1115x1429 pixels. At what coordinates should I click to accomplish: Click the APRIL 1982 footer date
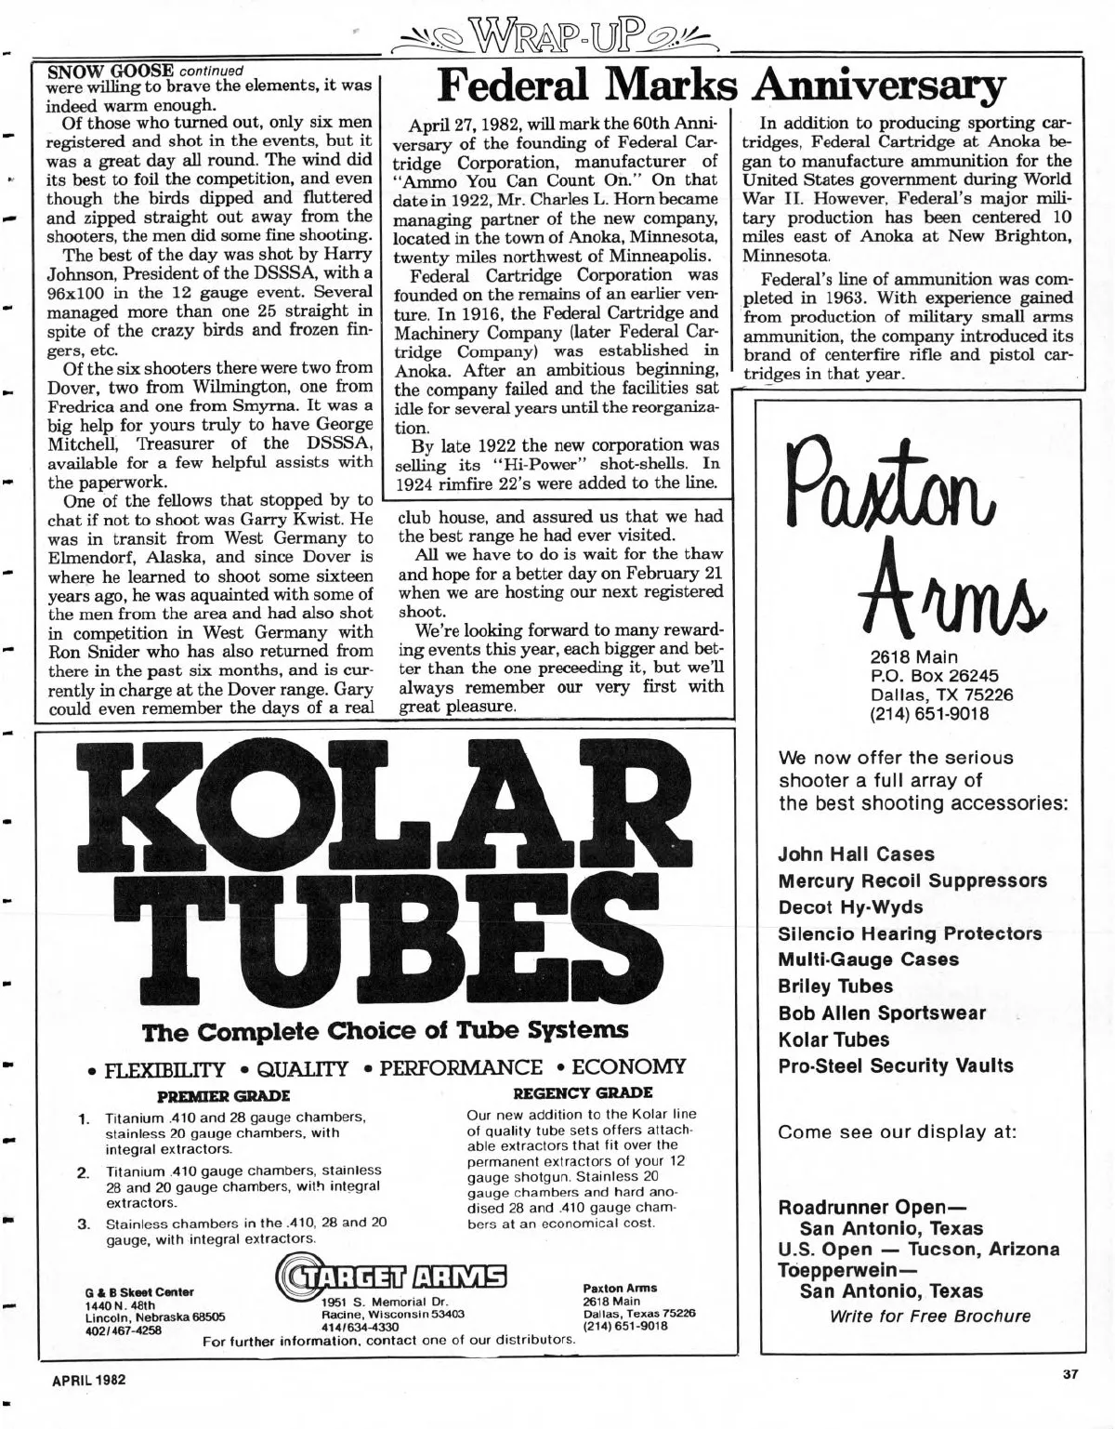(x=87, y=1379)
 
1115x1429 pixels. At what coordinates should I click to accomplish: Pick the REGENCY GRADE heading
(x=583, y=1092)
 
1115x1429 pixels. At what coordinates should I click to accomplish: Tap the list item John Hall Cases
(x=856, y=853)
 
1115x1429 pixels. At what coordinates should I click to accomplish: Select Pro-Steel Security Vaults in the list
(x=895, y=1065)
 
